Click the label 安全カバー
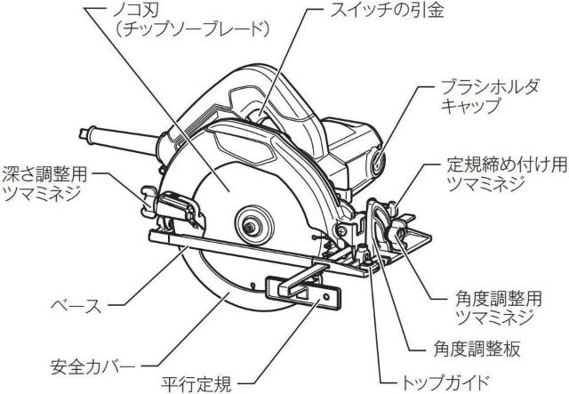pos(92,366)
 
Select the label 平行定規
pos(199,383)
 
